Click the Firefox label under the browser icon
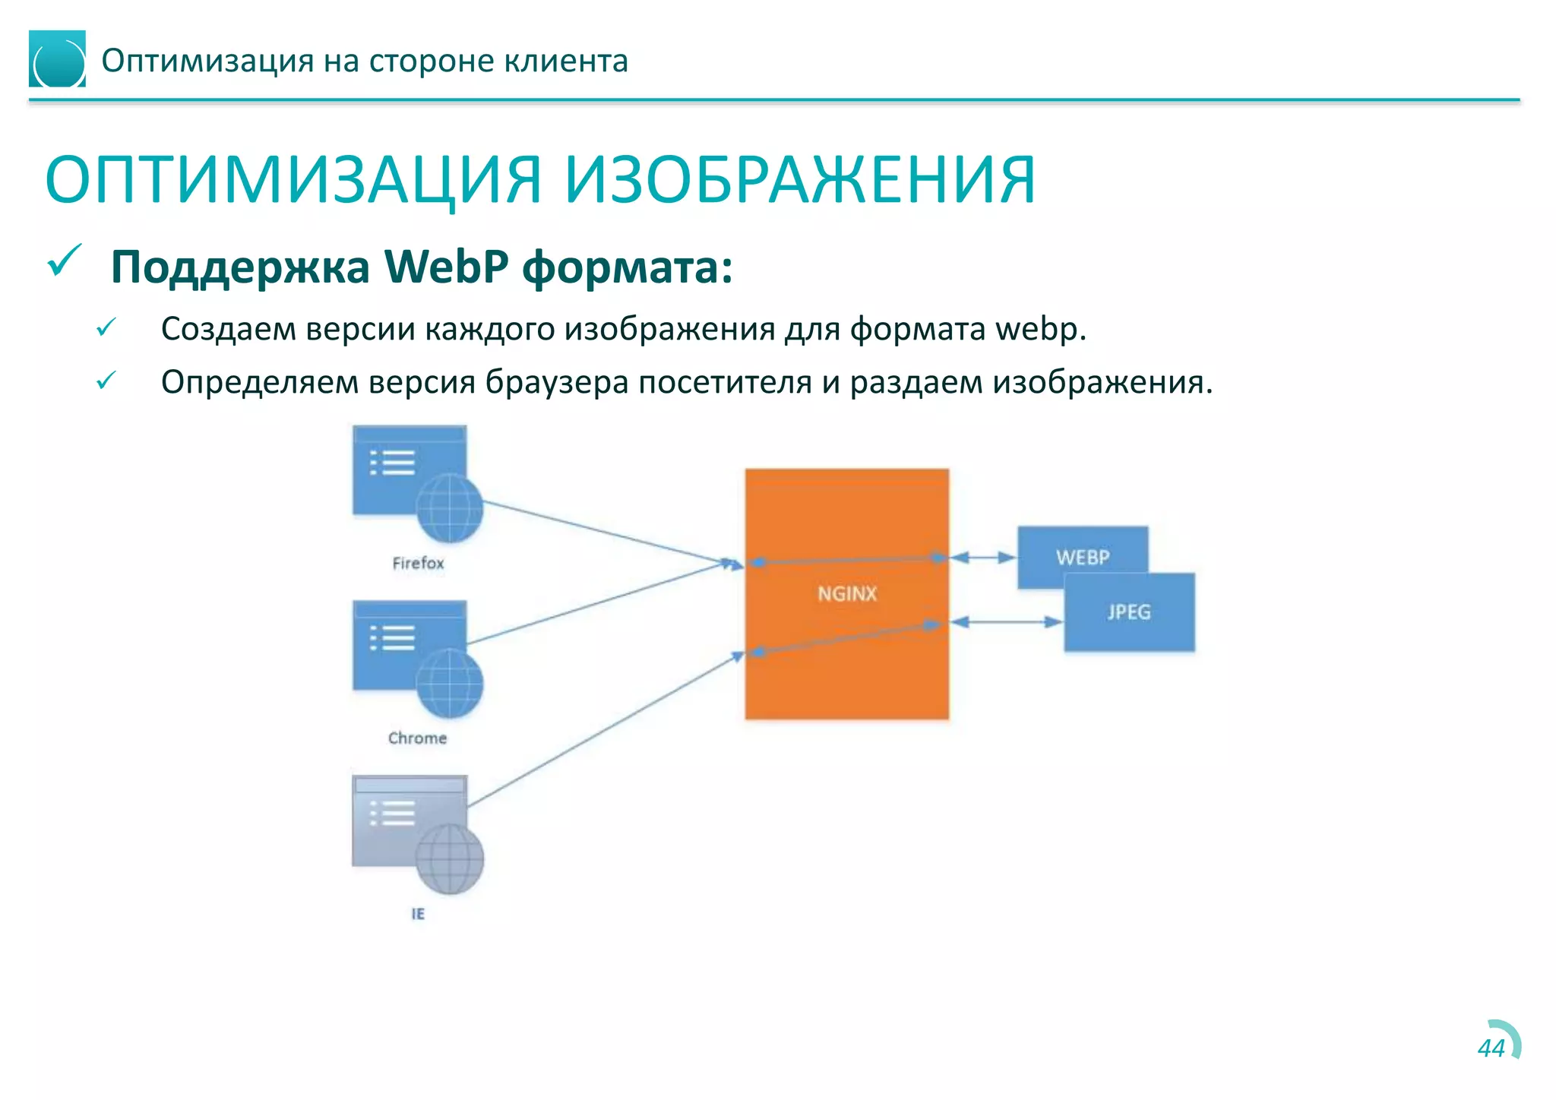pyautogui.click(x=418, y=563)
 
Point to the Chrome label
pyautogui.click(x=417, y=738)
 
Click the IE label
pyautogui.click(x=418, y=914)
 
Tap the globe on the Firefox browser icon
pyautogui.click(x=450, y=508)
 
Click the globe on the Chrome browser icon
pyautogui.click(x=450, y=684)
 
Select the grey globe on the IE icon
pyautogui.click(x=450, y=859)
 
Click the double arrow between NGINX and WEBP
pyautogui.click(x=982, y=558)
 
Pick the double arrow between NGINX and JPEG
pyautogui.click(x=1006, y=622)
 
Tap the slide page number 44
pyautogui.click(x=1491, y=1048)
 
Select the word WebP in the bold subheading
pyautogui.click(x=446, y=267)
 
